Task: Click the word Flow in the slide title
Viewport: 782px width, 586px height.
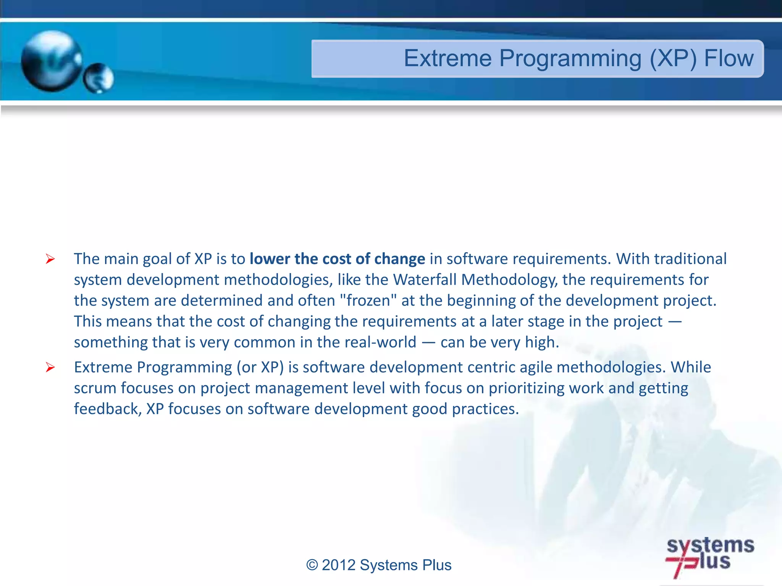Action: [x=729, y=58]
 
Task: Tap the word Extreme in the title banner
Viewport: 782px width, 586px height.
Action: [x=448, y=58]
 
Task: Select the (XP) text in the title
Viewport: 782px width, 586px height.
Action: [x=673, y=59]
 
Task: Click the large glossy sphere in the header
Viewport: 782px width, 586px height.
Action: [x=51, y=61]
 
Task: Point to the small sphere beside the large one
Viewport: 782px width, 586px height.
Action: [x=99, y=78]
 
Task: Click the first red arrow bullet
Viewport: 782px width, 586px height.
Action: [x=50, y=259]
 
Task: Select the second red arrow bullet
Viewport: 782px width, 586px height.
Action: [x=50, y=367]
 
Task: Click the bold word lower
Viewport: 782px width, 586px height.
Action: [x=270, y=259]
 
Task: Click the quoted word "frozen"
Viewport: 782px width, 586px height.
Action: [x=368, y=300]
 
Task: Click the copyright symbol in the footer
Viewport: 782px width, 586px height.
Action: [x=312, y=565]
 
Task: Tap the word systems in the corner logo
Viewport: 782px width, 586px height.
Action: [x=710, y=546]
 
